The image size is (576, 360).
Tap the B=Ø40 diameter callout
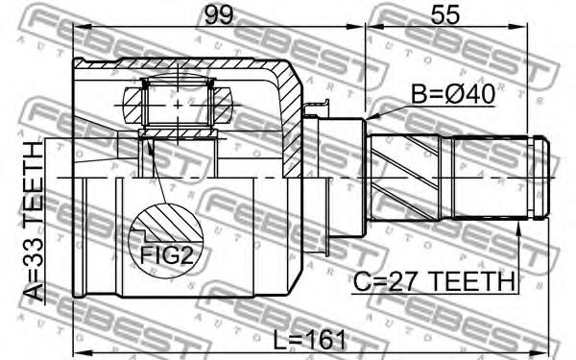(x=453, y=94)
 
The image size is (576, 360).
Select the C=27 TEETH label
(x=434, y=281)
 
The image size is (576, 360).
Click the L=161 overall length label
(x=310, y=339)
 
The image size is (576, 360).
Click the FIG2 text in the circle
(x=166, y=254)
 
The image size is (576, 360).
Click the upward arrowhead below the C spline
(x=518, y=228)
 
